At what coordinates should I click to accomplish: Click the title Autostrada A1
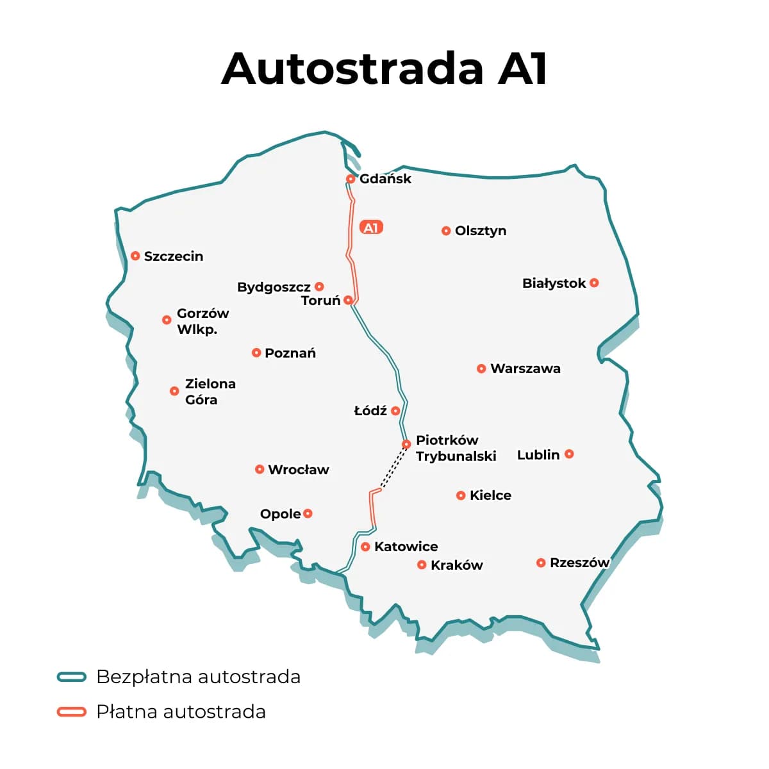[384, 68]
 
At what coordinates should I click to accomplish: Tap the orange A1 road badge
[371, 227]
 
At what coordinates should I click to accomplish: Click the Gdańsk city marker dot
[351, 179]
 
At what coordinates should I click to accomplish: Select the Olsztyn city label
[481, 231]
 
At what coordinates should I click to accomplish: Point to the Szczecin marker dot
[135, 256]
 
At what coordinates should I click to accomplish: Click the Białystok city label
[554, 283]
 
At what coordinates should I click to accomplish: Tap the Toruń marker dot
[348, 300]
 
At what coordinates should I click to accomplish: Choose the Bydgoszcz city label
[274, 287]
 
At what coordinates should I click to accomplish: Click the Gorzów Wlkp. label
[203, 321]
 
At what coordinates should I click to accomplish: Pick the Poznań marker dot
[256, 352]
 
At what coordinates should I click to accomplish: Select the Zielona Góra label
[210, 392]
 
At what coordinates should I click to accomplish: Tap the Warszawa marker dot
[481, 368]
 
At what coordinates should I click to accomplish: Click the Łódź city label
[370, 411]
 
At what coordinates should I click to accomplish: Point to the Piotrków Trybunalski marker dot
[406, 444]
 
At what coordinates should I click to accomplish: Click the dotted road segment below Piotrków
[393, 468]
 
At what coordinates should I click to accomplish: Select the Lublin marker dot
[569, 454]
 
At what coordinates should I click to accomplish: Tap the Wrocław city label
[298, 470]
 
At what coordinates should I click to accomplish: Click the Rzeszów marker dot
[541, 563]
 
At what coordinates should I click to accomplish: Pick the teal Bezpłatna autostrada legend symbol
[71, 677]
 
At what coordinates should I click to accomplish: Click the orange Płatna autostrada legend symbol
[71, 711]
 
